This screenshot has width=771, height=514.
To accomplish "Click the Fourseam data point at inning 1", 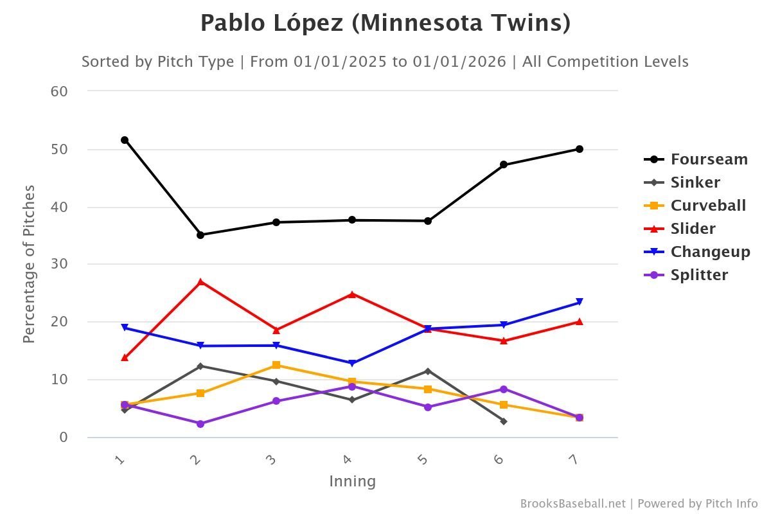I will click(125, 140).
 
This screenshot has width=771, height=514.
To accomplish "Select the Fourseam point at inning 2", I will click(200, 235).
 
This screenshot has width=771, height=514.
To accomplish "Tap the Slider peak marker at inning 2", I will click(200, 282).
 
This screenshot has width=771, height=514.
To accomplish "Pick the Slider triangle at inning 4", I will click(352, 294).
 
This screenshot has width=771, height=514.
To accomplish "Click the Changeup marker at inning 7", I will click(580, 303).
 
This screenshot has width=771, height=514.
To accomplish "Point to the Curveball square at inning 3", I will click(276, 365).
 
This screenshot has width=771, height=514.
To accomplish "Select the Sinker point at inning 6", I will click(504, 421).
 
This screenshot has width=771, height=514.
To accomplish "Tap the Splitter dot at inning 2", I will click(200, 424).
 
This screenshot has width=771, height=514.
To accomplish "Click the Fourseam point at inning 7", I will click(580, 149).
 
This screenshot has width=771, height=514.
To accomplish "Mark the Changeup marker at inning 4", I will click(352, 364).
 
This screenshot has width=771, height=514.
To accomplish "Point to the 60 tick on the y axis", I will click(59, 91).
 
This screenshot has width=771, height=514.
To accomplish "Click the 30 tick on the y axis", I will click(59, 264).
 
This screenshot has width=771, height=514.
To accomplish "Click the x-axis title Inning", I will click(352, 481).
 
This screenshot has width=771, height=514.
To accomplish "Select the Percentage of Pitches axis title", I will click(29, 264).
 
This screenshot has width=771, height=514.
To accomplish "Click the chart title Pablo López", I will click(385, 24).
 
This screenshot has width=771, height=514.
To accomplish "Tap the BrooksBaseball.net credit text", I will click(572, 504).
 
